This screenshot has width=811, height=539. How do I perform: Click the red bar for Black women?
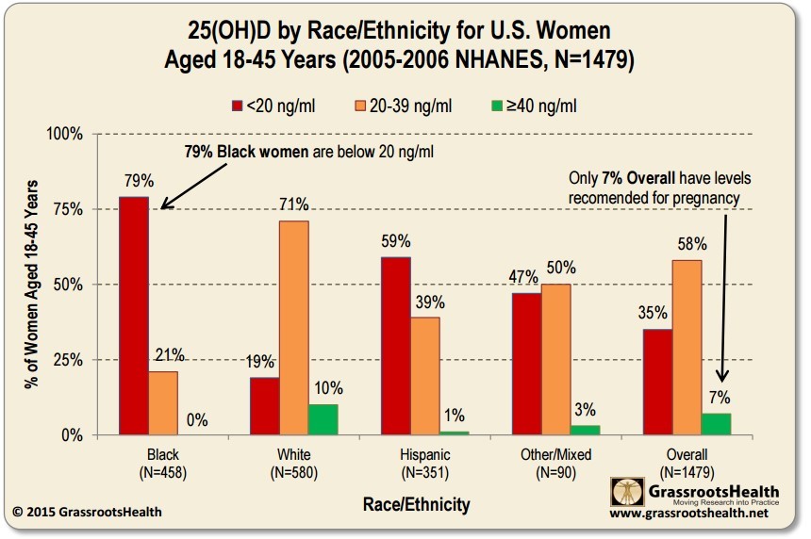(x=133, y=316)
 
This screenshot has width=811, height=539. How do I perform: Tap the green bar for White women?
(x=323, y=420)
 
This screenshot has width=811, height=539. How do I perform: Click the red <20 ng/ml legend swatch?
(x=238, y=105)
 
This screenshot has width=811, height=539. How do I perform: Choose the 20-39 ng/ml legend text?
(x=410, y=105)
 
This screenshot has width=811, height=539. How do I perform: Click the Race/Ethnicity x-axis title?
(x=416, y=505)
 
